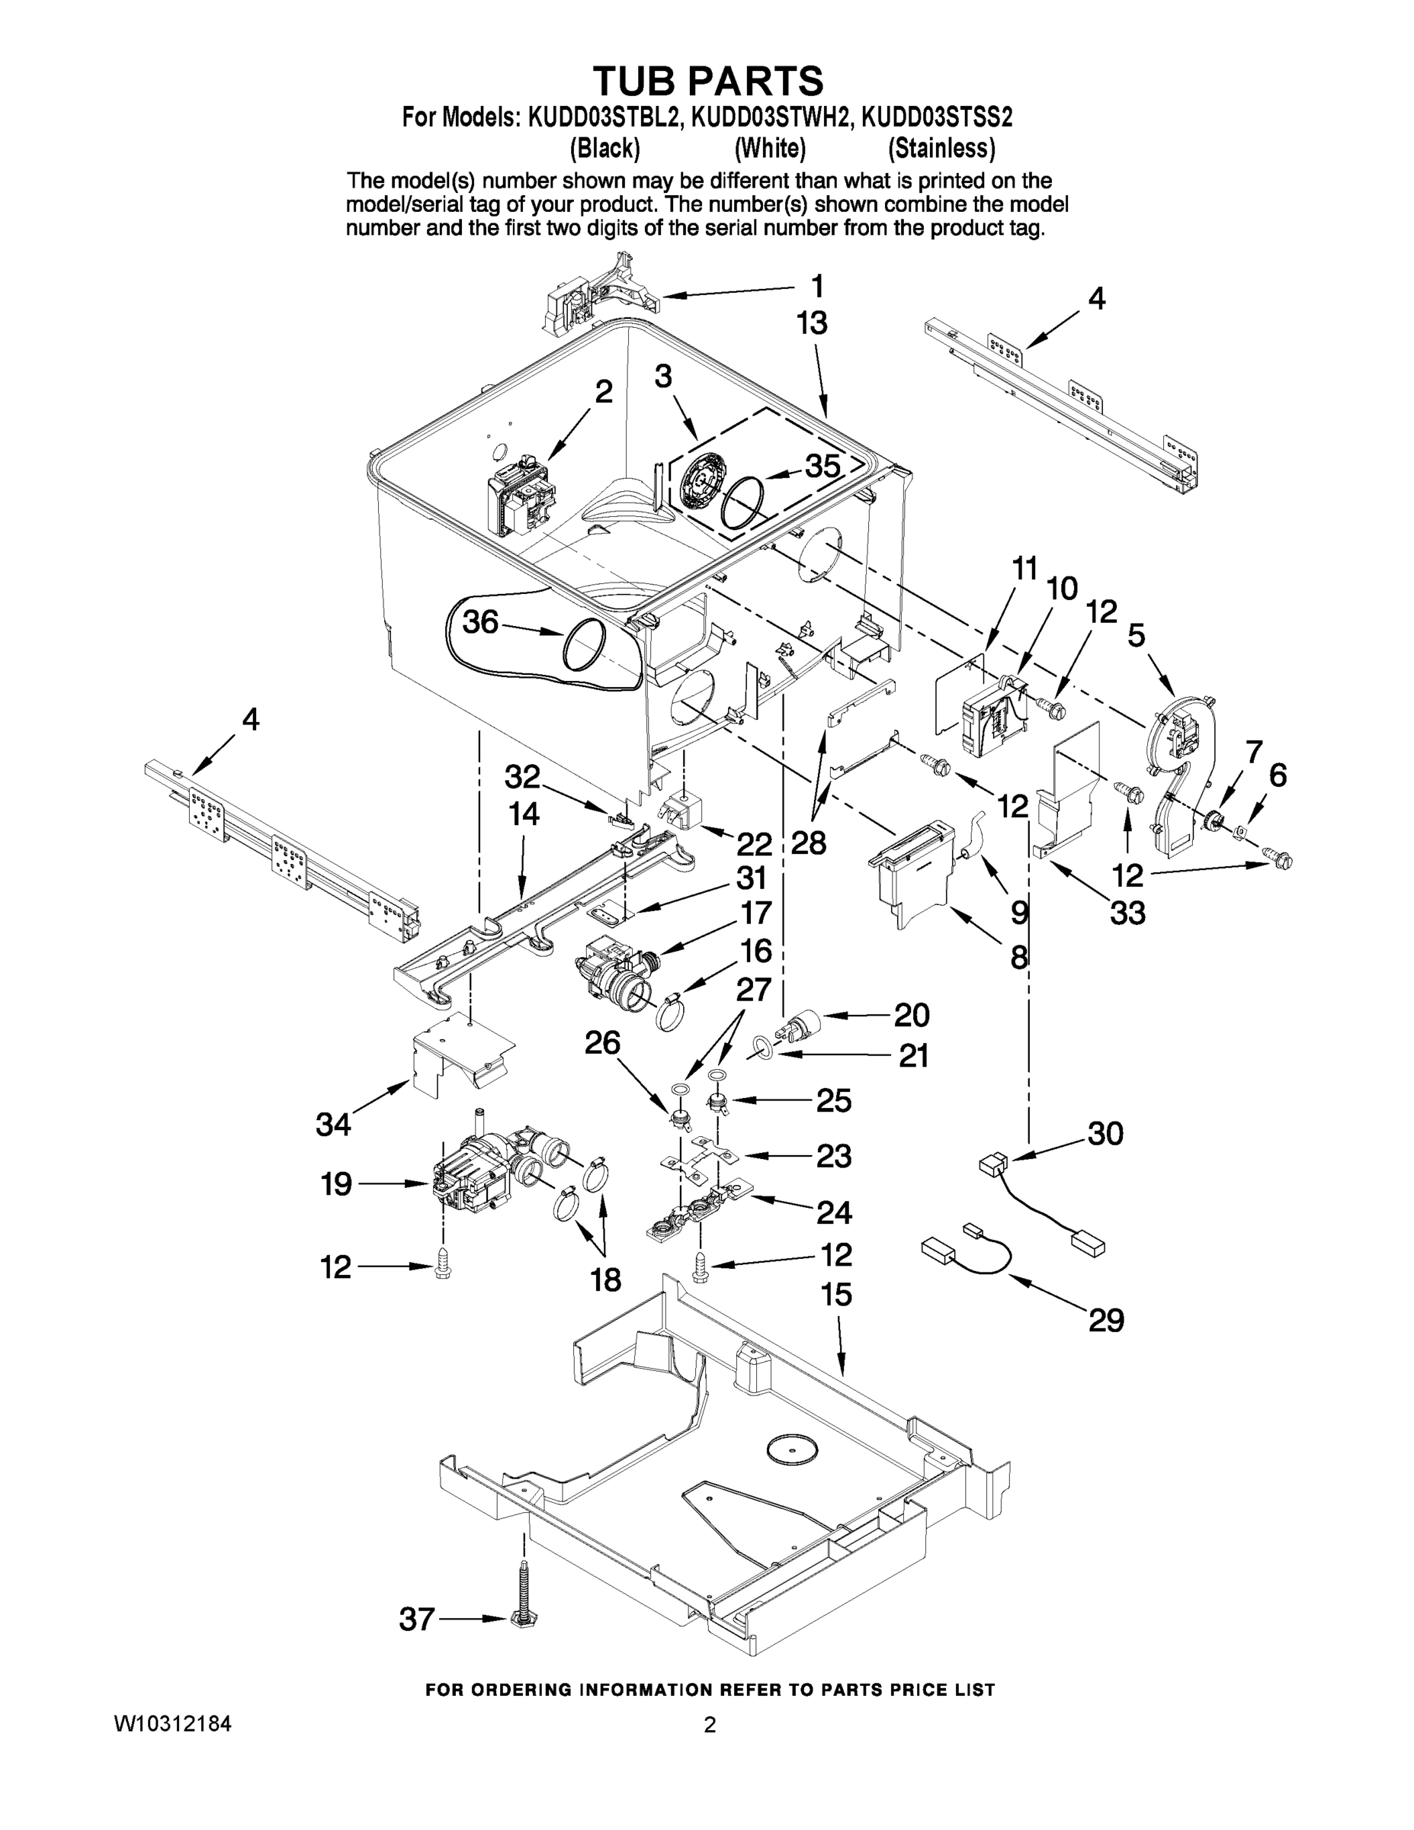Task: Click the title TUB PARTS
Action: tap(708, 82)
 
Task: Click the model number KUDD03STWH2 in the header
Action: tap(770, 117)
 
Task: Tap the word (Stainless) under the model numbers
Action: tap(941, 149)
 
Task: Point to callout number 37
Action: tap(416, 1620)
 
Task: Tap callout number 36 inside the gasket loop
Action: tap(481, 621)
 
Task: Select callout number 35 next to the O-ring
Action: tap(822, 467)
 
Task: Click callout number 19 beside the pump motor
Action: tap(336, 1184)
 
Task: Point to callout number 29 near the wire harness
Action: tap(1106, 1321)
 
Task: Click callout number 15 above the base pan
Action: tap(836, 1295)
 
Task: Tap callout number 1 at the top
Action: tap(816, 287)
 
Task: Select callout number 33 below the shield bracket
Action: tap(1127, 913)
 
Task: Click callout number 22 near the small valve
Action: tap(754, 843)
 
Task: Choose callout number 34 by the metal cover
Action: tap(332, 1125)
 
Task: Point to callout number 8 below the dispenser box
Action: tap(1018, 956)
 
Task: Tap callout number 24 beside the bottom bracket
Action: tap(833, 1212)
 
